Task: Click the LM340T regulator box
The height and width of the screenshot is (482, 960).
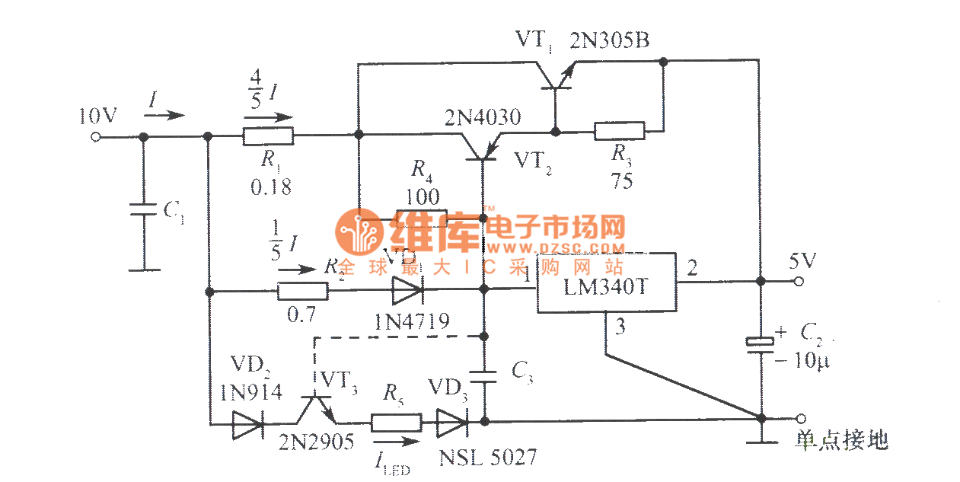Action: coord(606,282)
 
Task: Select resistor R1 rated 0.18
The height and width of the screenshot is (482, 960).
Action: coord(268,137)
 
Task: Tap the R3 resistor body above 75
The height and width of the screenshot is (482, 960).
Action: coord(619,132)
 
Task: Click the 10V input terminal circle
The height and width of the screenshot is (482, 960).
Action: coord(96,137)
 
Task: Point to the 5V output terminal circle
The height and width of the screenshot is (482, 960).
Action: coord(799,281)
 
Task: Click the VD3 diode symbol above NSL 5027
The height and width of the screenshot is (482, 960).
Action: coord(451,421)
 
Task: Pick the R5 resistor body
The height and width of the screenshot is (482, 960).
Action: coord(396,421)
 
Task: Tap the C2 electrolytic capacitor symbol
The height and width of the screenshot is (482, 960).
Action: coord(759,343)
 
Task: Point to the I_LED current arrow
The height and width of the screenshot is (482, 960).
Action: coord(395,442)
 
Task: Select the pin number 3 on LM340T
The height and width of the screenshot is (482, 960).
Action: coord(620,328)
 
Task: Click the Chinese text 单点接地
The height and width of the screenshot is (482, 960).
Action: coord(841,440)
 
